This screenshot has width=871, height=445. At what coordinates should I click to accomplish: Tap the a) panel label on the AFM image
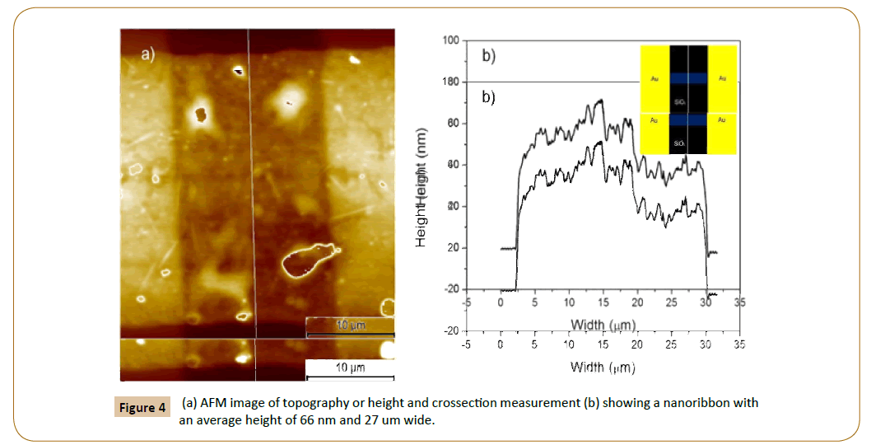tap(148, 55)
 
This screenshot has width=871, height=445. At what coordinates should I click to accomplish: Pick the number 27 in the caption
tap(391, 420)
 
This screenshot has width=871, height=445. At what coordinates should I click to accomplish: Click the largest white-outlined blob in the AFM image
tap(308, 260)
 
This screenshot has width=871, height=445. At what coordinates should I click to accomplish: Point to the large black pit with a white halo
tap(200, 114)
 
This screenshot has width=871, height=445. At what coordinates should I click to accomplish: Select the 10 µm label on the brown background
tap(350, 326)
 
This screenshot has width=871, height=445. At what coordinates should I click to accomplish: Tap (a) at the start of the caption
tap(189, 403)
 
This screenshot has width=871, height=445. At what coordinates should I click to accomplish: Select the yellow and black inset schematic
tap(688, 99)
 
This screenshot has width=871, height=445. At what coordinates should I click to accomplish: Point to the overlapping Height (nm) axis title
tap(422, 187)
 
